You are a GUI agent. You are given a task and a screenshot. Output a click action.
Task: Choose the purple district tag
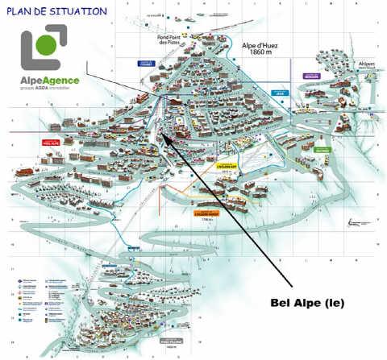[310, 77]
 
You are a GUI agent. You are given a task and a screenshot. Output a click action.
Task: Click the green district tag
[322, 149]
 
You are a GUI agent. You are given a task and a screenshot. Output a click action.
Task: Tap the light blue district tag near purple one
[280, 93]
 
